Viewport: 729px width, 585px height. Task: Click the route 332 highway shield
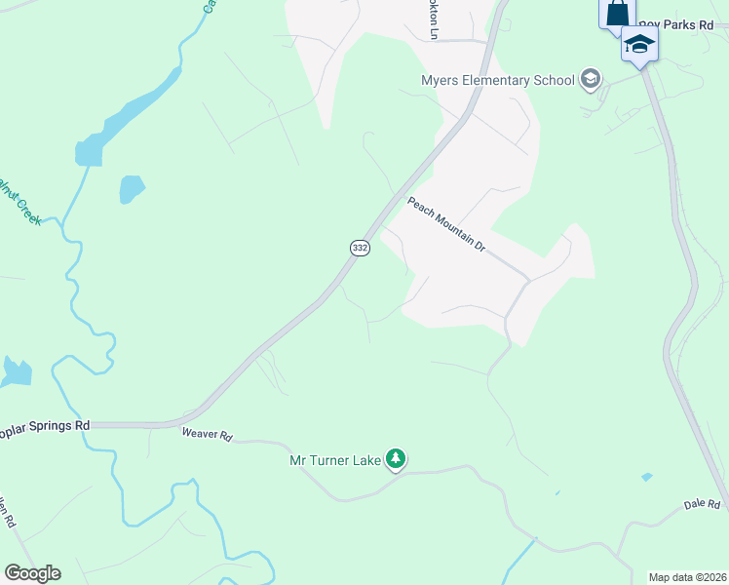click(x=360, y=249)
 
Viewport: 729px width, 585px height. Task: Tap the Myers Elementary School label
click(x=497, y=80)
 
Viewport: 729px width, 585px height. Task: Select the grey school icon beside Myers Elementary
click(x=590, y=79)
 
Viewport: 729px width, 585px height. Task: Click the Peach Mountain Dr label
click(x=445, y=224)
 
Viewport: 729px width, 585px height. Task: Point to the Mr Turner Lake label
click(x=334, y=460)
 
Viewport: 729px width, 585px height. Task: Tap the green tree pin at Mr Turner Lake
click(x=395, y=458)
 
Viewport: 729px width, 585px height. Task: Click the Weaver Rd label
click(x=207, y=436)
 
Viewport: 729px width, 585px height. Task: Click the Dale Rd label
click(x=701, y=504)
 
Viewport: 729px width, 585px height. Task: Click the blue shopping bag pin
click(x=617, y=14)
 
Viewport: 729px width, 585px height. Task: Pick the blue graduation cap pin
click(x=639, y=45)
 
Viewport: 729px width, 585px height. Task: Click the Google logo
click(x=32, y=573)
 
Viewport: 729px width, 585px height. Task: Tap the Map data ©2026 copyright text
click(x=687, y=577)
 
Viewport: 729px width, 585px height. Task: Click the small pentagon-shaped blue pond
click(x=132, y=188)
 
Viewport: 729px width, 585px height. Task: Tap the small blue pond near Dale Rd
click(x=647, y=477)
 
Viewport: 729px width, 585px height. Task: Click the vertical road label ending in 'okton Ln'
click(x=434, y=19)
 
